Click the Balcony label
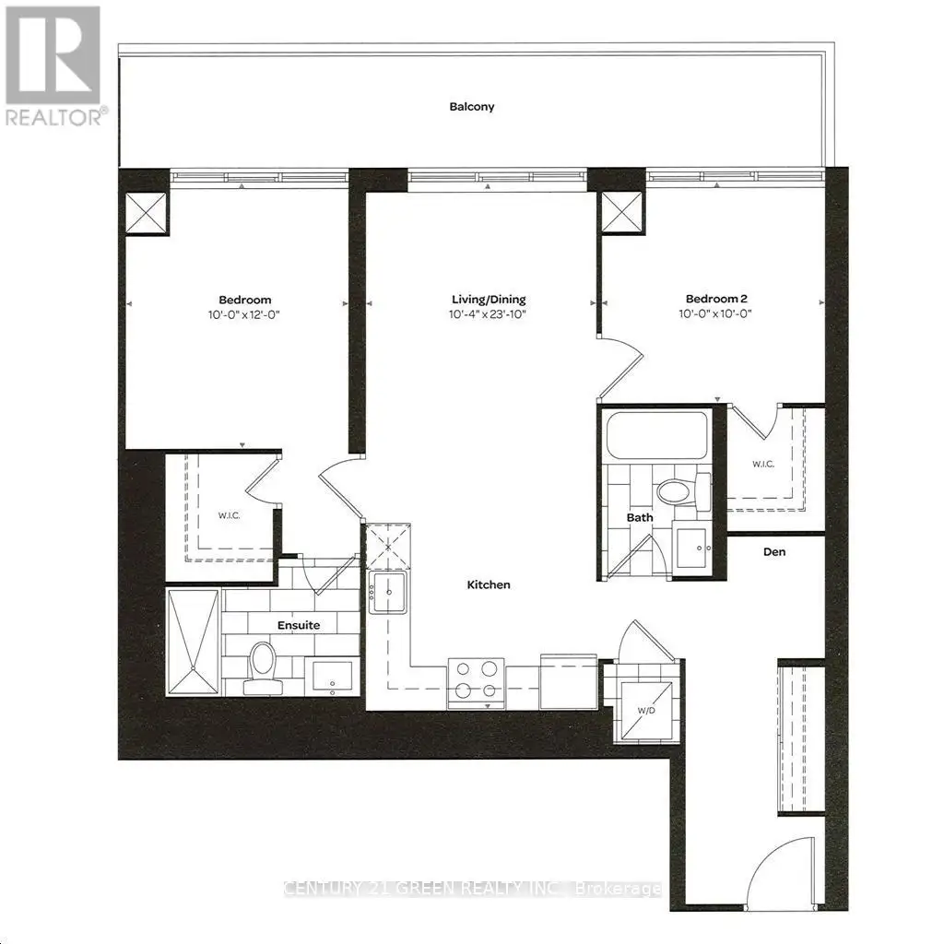(471, 107)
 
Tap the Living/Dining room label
(489, 300)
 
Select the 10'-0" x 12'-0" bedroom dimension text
(244, 314)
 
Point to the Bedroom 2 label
(716, 299)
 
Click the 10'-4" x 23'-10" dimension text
(488, 314)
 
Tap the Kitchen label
(489, 584)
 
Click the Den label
(774, 551)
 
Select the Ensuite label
(299, 625)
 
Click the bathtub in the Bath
(656, 435)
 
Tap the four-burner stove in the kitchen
(476, 683)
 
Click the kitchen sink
(388, 593)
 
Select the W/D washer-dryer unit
(646, 710)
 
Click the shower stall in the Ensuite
(194, 642)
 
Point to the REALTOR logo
(54, 65)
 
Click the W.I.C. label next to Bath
(762, 465)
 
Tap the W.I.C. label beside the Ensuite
(230, 516)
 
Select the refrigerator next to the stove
(568, 681)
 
